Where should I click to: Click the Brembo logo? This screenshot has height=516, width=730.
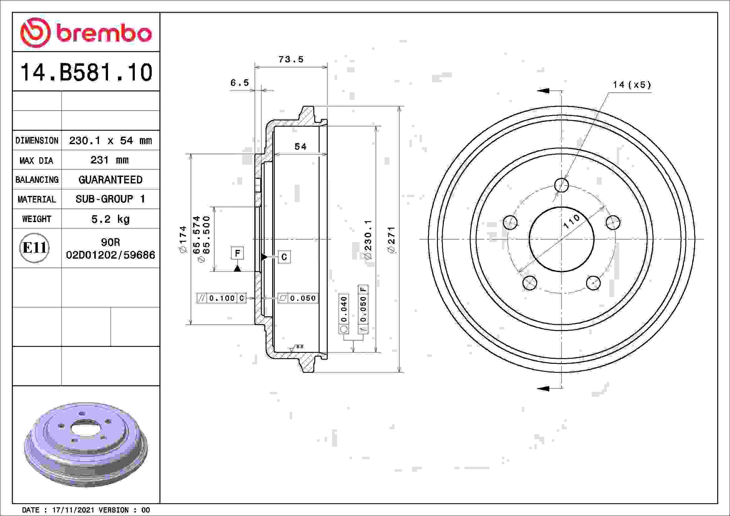[86, 33]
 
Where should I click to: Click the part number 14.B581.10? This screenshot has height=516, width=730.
[86, 72]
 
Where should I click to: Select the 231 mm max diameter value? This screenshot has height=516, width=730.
[110, 160]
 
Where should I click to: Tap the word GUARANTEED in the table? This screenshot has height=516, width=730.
[110, 180]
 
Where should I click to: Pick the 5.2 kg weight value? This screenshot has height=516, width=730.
[110, 219]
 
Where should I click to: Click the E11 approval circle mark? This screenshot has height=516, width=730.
[34, 248]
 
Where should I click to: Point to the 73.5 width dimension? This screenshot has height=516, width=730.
[291, 59]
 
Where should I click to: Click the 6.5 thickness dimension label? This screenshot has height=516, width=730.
[239, 83]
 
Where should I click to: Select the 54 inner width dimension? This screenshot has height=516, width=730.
[300, 147]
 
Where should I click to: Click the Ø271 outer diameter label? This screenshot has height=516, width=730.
[391, 240]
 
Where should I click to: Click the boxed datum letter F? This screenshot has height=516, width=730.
[237, 253]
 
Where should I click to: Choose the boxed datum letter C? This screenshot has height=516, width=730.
[284, 257]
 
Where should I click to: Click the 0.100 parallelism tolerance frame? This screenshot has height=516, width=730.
[222, 298]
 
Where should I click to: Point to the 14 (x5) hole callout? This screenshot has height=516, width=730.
[631, 85]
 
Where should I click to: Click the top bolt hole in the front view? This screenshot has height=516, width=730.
[561, 185]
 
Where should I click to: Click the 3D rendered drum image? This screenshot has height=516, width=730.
[86, 445]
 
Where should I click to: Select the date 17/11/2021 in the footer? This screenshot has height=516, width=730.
[73, 510]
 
